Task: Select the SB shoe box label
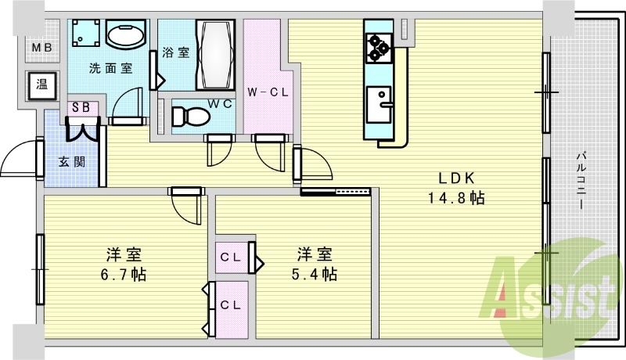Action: click(81, 108)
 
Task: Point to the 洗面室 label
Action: click(110, 68)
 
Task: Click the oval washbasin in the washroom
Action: click(126, 36)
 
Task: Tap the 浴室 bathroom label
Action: click(176, 52)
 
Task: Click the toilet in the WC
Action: click(188, 116)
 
